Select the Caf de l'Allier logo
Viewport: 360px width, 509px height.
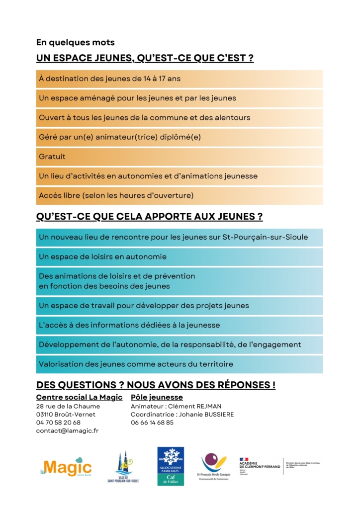[171, 466]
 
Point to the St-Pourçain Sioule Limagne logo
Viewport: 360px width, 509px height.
[213, 466]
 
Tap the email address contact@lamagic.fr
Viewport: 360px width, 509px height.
[67, 431]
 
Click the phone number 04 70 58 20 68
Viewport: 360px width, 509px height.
[58, 423]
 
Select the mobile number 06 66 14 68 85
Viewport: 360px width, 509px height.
[152, 423]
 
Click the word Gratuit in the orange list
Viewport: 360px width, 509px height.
[52, 157]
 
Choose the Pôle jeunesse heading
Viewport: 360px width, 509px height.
[157, 397]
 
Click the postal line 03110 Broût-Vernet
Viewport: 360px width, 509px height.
[66, 414]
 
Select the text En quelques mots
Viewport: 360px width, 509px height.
[75, 43]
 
